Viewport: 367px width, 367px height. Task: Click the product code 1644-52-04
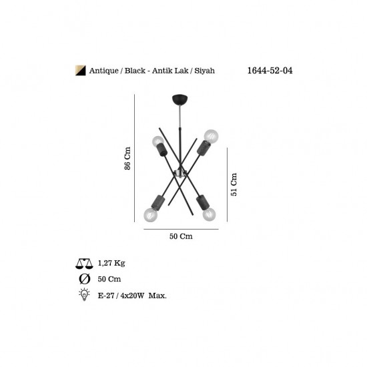[270, 71]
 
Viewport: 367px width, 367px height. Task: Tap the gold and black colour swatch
[80, 71]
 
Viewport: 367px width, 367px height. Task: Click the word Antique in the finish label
[103, 71]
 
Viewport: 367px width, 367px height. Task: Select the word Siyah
[204, 71]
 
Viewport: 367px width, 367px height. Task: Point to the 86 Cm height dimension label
[127, 158]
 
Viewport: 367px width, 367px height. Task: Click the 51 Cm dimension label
[234, 184]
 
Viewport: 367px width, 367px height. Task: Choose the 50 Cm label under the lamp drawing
[181, 236]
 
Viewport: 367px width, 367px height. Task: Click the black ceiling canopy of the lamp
[180, 99]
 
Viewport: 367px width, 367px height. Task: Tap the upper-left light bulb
[158, 141]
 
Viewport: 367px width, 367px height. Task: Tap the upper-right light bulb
[211, 135]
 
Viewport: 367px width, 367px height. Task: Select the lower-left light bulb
[151, 215]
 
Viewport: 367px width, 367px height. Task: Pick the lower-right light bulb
[209, 214]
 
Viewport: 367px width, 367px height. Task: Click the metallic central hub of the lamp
[180, 173]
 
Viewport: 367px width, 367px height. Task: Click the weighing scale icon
[84, 264]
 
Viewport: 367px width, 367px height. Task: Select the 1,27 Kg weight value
[111, 263]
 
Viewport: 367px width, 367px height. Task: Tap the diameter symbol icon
[85, 279]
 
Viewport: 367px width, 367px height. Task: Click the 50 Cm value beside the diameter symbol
[109, 279]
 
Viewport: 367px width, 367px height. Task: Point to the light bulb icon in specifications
[84, 294]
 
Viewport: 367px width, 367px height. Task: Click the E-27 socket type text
[106, 296]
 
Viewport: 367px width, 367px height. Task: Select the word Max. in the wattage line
[157, 296]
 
